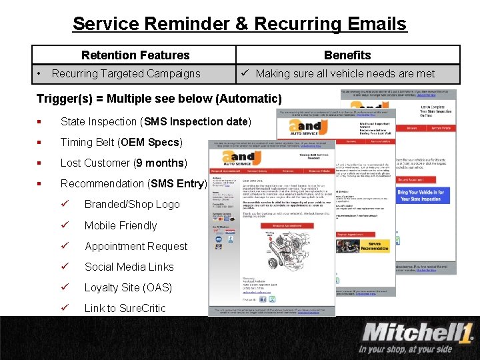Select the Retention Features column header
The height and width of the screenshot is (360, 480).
[135, 55]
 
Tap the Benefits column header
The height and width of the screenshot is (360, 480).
[347, 55]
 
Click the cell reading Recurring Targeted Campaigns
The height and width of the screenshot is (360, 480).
[126, 74]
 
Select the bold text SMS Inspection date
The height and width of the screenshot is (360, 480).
[210, 122]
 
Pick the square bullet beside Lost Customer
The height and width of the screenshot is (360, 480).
[41, 163]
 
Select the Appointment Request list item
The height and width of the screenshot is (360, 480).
[135, 247]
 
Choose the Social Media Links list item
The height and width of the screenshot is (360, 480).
[129, 267]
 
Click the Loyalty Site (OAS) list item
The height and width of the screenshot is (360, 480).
[128, 288]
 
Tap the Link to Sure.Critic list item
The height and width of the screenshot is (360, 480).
[125, 309]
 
